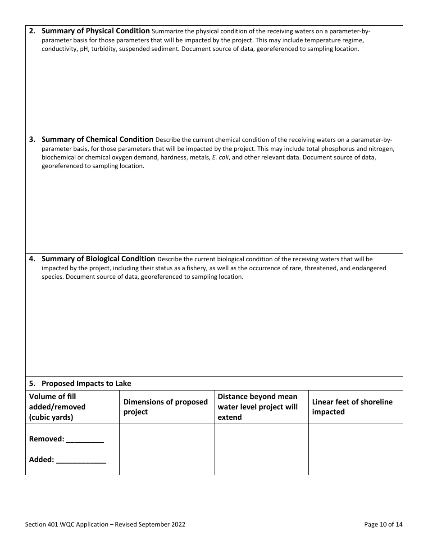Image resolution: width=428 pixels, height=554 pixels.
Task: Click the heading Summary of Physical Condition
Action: [x=96, y=31]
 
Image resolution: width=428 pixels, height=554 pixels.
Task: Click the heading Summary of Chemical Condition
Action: [x=97, y=140]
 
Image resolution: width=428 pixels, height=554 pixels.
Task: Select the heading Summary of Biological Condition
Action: [x=98, y=259]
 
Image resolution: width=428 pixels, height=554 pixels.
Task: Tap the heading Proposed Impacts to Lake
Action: [x=86, y=384]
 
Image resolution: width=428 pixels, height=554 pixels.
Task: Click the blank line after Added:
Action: [x=81, y=460]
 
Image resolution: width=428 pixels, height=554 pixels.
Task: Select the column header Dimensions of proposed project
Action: [x=165, y=407]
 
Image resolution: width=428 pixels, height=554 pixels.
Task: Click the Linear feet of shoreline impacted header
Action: [x=352, y=407]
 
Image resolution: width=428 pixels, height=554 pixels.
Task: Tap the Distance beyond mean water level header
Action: [x=258, y=407]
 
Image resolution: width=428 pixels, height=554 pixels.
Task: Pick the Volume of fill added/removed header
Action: [x=57, y=407]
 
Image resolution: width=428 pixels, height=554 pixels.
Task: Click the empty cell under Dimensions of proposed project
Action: [x=167, y=449]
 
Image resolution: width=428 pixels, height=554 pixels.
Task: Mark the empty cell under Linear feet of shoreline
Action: [x=355, y=449]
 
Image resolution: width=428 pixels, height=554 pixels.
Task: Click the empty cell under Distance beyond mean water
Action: [x=261, y=449]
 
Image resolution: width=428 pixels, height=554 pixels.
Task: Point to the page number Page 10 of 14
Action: [x=383, y=524]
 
